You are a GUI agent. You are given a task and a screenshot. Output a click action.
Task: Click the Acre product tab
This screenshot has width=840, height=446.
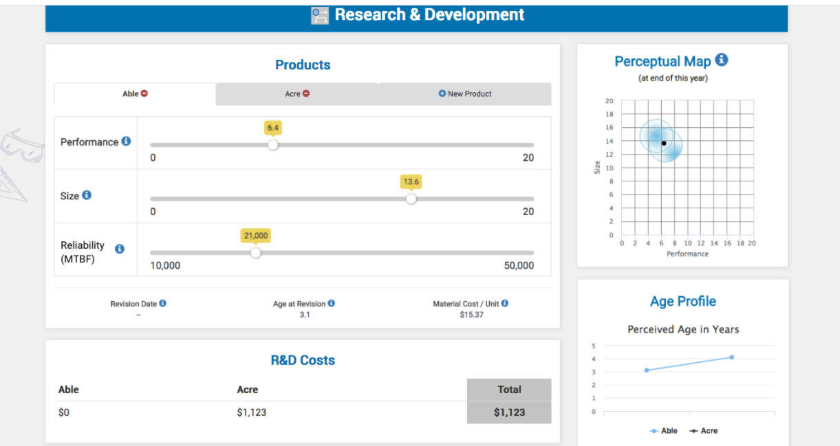click(x=297, y=94)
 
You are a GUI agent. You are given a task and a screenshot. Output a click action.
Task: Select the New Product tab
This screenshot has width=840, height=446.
click(x=465, y=94)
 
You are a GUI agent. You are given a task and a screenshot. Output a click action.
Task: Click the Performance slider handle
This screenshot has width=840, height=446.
click(x=273, y=145)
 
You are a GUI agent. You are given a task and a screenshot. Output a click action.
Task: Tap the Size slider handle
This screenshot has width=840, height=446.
click(x=411, y=199)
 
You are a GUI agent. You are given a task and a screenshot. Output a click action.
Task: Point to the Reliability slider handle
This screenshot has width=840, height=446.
click(x=256, y=252)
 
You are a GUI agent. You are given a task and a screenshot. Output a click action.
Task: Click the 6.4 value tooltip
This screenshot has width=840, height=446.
click(x=273, y=128)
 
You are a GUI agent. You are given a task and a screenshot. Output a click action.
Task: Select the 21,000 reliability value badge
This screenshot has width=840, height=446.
click(x=255, y=236)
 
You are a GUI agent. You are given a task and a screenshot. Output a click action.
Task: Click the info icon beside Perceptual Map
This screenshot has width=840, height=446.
click(x=722, y=60)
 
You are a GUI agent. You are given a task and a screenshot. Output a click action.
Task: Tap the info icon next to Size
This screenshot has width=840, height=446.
click(x=87, y=195)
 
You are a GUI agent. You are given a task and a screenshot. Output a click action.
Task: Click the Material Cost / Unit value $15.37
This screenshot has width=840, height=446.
click(x=471, y=315)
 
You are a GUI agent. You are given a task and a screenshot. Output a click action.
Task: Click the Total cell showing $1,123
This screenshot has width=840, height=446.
click(x=509, y=412)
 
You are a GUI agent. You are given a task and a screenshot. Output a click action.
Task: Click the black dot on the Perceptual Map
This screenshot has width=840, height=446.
click(x=664, y=143)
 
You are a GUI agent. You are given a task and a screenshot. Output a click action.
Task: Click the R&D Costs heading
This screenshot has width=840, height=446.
click(x=303, y=360)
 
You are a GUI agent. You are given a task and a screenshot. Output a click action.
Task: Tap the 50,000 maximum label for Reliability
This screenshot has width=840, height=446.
click(x=519, y=266)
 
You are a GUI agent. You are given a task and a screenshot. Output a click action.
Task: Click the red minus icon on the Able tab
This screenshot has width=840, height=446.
click(x=144, y=93)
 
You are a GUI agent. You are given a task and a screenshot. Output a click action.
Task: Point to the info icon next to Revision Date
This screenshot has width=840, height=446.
click(x=163, y=303)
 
